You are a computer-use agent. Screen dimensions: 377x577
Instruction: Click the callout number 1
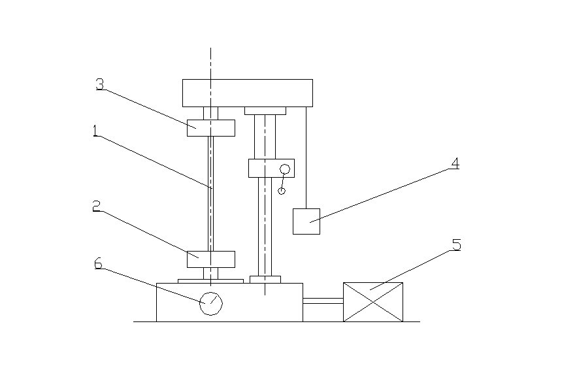point(95,131)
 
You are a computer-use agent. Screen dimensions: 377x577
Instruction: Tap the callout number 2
point(95,208)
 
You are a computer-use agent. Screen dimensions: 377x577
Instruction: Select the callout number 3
point(100,84)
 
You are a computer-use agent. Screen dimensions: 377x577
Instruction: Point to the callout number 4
point(453,163)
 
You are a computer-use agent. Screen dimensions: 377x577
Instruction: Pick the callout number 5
point(456,245)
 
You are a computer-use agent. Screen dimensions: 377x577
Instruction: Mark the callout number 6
point(98,263)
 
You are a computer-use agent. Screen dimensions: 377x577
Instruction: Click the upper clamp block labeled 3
point(210,127)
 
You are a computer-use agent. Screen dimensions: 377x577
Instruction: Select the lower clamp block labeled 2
point(210,259)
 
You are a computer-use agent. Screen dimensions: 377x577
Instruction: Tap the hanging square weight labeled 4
point(306,221)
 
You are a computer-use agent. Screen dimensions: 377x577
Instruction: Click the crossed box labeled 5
point(372,302)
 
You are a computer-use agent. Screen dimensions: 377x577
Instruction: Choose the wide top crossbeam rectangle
point(247,93)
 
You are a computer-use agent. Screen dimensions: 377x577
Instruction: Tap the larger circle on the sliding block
point(285,170)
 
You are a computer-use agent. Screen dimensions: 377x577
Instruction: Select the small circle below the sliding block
point(281,191)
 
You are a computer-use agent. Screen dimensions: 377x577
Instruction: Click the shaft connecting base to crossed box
point(323,301)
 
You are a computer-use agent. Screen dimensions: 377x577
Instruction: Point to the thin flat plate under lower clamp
point(210,281)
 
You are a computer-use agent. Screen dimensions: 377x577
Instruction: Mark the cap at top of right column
point(265,110)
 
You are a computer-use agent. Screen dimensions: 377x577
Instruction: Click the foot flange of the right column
point(265,279)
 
